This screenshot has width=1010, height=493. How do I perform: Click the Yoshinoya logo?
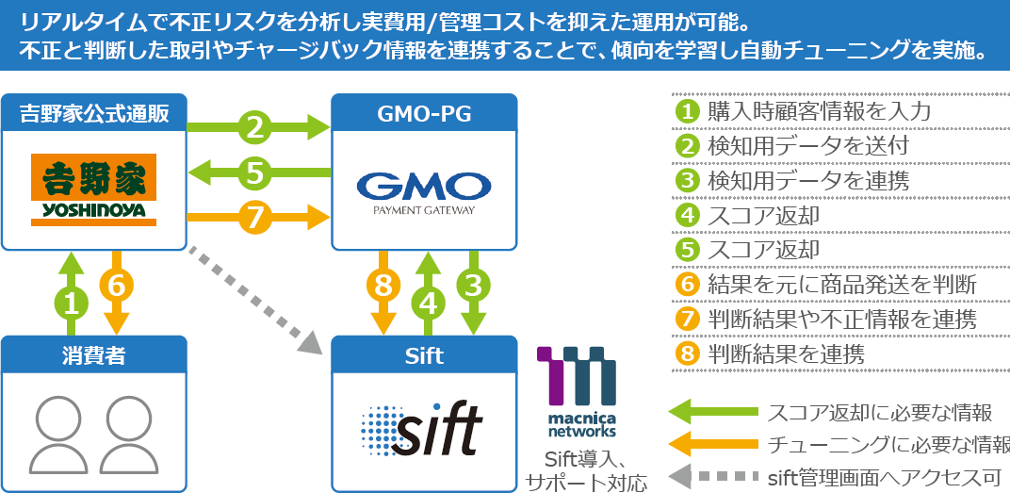pyautogui.click(x=93, y=189)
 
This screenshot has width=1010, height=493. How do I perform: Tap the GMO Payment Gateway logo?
pyautogui.click(x=423, y=191)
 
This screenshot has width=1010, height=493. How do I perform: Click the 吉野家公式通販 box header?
pyautogui.click(x=93, y=113)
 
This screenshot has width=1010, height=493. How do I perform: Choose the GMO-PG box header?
pyautogui.click(x=424, y=114)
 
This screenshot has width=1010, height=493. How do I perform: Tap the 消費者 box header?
pyautogui.click(x=93, y=355)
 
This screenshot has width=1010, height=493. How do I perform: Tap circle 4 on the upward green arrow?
pyautogui.click(x=429, y=302)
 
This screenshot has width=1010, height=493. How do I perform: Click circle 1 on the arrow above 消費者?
pyautogui.click(x=71, y=302)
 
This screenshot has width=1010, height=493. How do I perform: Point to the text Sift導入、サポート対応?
pyautogui.click(x=586, y=472)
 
